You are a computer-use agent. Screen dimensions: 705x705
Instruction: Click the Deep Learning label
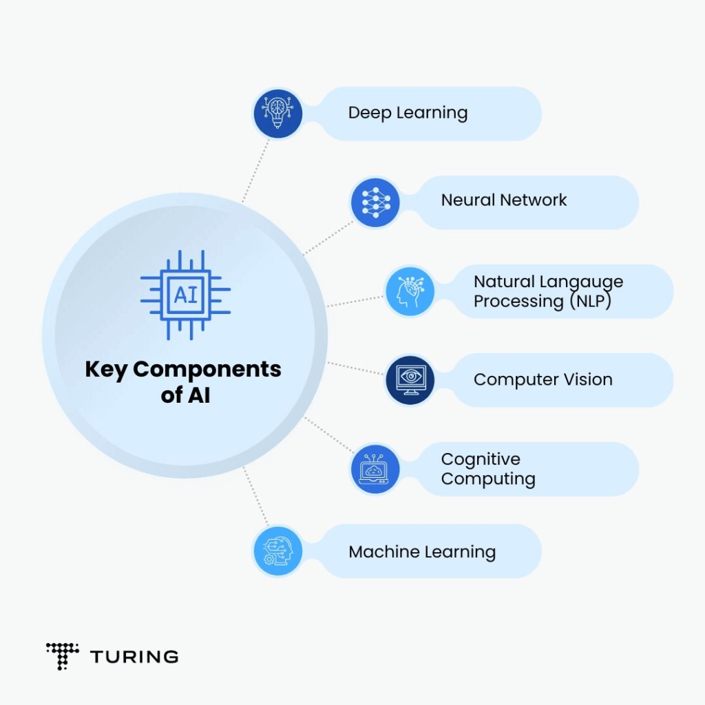pyautogui.click(x=408, y=113)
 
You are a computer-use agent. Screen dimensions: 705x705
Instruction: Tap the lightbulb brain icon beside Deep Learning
pyautogui.click(x=277, y=113)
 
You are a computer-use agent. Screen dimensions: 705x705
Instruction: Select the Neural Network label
pyautogui.click(x=503, y=200)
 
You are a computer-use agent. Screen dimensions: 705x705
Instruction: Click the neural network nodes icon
pyautogui.click(x=375, y=202)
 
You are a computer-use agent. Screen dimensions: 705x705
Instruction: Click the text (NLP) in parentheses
pyautogui.click(x=590, y=302)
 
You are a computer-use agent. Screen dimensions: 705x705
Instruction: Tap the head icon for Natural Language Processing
pyautogui.click(x=408, y=291)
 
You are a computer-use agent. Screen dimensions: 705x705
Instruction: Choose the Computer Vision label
pyautogui.click(x=543, y=379)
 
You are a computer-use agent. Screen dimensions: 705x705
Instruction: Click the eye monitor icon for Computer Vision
pyautogui.click(x=410, y=380)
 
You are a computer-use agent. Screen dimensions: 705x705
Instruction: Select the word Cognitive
pyautogui.click(x=481, y=459)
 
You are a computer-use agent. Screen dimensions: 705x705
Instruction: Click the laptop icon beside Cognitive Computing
pyautogui.click(x=375, y=469)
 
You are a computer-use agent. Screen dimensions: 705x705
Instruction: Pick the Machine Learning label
pyautogui.click(x=421, y=551)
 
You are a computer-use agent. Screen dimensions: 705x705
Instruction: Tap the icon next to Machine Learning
pyautogui.click(x=278, y=551)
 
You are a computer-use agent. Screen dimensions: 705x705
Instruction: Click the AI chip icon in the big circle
pyautogui.click(x=185, y=295)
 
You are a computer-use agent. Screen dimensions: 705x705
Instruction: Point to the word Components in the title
pyautogui.click(x=207, y=370)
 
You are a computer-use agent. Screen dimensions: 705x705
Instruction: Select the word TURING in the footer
pyautogui.click(x=134, y=657)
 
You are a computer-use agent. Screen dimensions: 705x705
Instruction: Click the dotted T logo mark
pyautogui.click(x=62, y=656)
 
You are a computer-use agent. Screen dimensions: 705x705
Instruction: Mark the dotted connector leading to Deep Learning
pyautogui.click(x=256, y=169)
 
